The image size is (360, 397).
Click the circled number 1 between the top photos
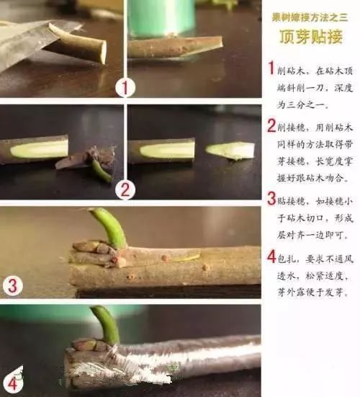pos(125,88)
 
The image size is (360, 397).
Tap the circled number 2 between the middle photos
pos(125,189)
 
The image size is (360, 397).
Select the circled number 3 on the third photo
pos(13,285)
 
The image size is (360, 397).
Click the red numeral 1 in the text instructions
pos(271,68)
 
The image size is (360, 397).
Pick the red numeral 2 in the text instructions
pos(271,126)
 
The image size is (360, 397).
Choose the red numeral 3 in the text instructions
pos(271,198)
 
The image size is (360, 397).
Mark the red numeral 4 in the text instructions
pos(271,256)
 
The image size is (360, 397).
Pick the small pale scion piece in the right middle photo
pos(231,150)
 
